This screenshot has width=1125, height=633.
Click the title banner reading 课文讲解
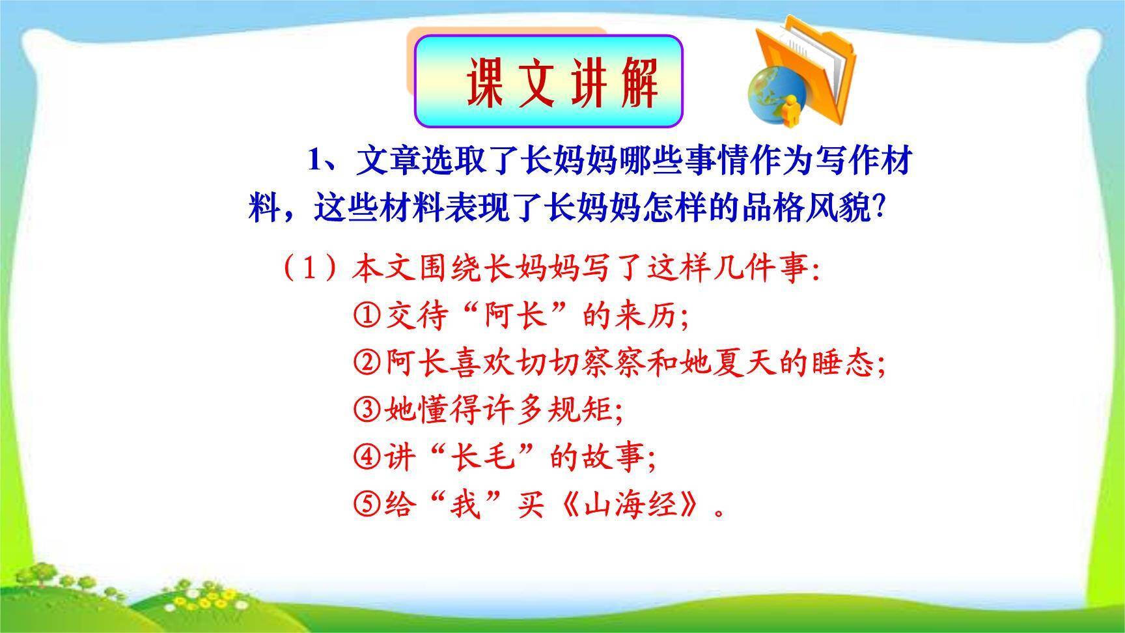click(548, 81)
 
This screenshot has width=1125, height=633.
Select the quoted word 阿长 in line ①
click(514, 316)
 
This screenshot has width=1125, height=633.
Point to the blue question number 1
click(316, 160)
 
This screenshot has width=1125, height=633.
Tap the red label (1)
click(311, 268)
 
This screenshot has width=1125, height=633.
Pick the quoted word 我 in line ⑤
click(465, 505)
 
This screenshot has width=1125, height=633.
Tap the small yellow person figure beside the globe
click(792, 111)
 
